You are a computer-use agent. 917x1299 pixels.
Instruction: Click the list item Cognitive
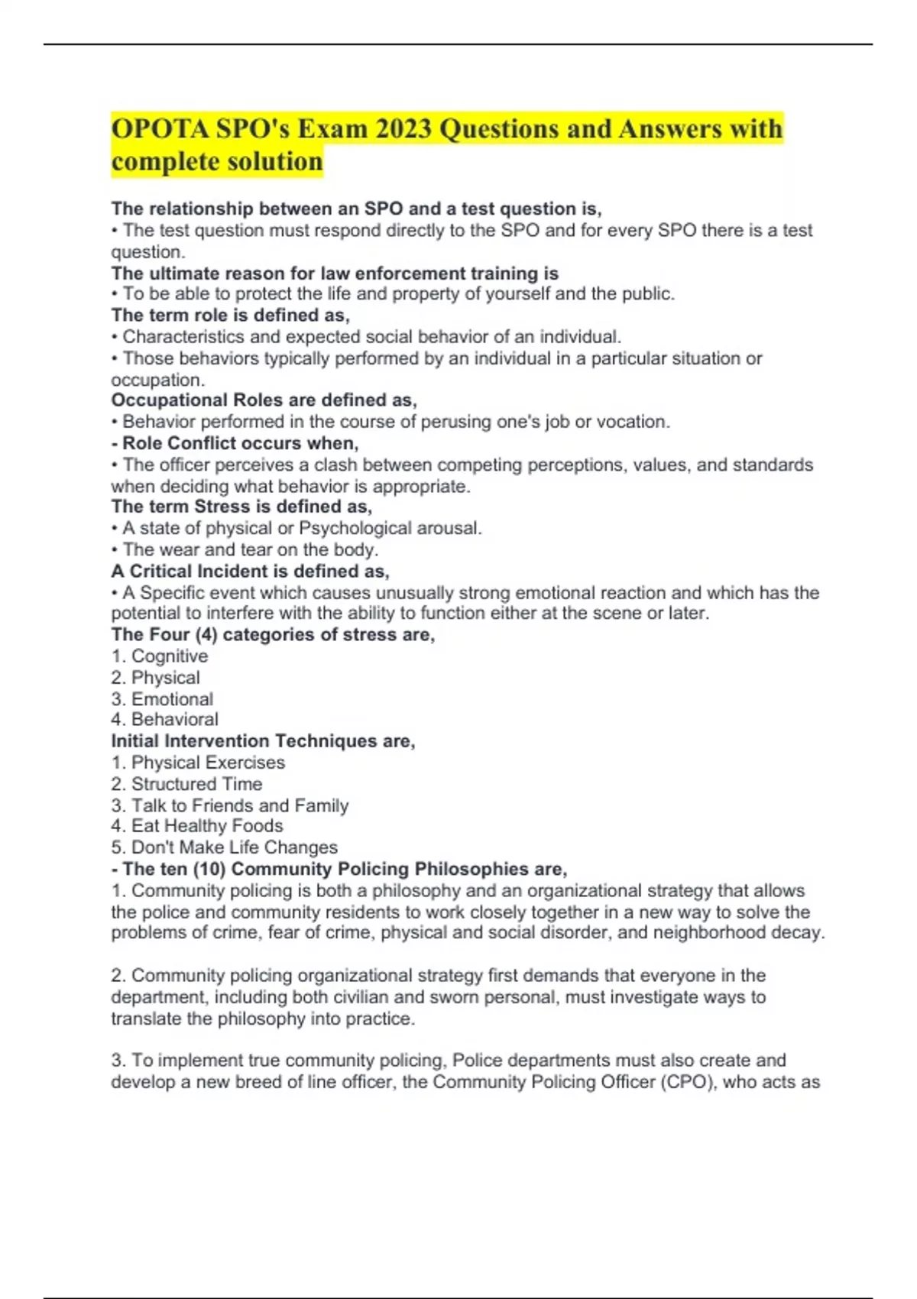[x=169, y=656]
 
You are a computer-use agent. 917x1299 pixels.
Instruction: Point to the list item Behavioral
[x=174, y=720]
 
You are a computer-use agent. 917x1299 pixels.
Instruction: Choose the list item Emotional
[x=172, y=699]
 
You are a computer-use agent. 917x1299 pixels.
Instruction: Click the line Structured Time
[x=196, y=784]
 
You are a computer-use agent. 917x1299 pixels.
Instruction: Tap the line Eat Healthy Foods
[x=206, y=826]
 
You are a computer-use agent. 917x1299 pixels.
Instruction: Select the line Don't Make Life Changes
[x=234, y=847]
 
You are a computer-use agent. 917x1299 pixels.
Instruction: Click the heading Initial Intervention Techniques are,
[x=263, y=741]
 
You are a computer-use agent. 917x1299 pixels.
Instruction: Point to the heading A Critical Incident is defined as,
[x=250, y=572]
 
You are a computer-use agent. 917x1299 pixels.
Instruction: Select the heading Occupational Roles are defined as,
[x=264, y=400]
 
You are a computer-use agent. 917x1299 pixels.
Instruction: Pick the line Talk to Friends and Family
[x=239, y=805]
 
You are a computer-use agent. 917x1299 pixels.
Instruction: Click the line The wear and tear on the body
[x=250, y=549]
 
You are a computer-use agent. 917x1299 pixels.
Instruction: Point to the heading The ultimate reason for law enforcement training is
[x=335, y=274]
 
